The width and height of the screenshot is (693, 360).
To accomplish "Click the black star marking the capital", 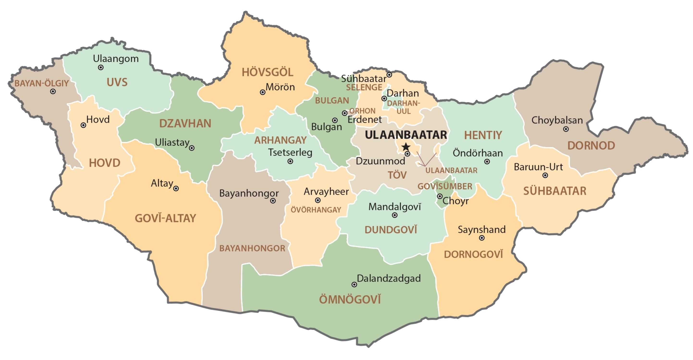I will [x=406, y=147].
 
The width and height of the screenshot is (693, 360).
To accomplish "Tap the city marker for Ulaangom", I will [x=101, y=67].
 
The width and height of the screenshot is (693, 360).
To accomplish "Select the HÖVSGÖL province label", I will [x=267, y=72].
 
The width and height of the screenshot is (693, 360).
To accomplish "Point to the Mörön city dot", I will [x=263, y=92].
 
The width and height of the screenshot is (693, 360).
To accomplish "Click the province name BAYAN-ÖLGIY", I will [x=42, y=83].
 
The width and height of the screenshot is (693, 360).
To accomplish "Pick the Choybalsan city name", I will [x=557, y=120].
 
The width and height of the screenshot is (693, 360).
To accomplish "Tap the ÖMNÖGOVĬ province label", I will [x=350, y=300].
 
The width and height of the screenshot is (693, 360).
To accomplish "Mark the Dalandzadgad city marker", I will [x=354, y=284].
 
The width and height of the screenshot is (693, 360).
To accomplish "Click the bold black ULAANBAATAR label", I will [x=406, y=135].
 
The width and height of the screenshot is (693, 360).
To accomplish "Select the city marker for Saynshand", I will [x=482, y=238].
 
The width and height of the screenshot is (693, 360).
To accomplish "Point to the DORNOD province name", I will [x=591, y=146].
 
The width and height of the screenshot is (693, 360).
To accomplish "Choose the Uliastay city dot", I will [x=191, y=148].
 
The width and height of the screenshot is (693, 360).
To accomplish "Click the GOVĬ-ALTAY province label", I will [x=166, y=218].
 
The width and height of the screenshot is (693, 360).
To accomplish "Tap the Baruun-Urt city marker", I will [x=545, y=175].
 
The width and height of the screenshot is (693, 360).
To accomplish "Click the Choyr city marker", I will [x=440, y=196].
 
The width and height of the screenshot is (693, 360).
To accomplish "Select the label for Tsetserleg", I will [x=290, y=152].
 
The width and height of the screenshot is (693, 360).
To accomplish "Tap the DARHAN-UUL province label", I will [x=403, y=107].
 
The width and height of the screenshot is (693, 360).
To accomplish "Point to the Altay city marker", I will [x=176, y=188].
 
